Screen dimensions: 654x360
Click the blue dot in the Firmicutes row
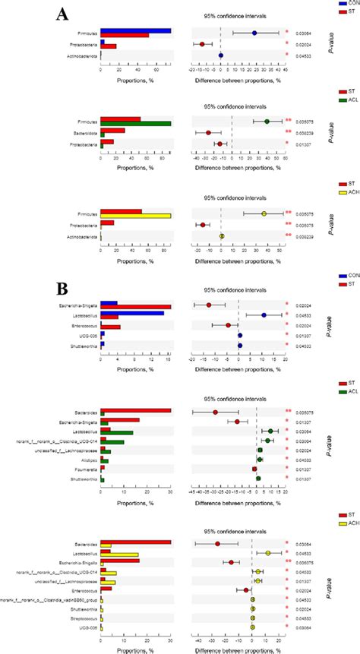254,33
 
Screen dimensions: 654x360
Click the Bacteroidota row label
84,131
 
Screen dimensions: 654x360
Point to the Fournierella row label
86,470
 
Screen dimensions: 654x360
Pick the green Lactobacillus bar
121,433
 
